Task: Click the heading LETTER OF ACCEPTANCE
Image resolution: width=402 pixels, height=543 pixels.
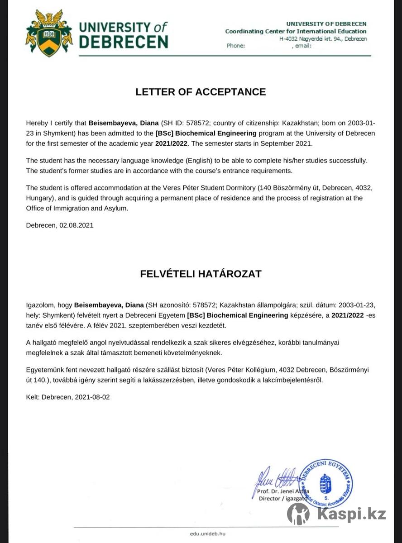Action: point(201,92)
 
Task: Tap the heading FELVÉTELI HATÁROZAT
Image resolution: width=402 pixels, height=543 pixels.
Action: point(201,274)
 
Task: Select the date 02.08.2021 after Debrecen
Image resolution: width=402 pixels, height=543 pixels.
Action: point(76,225)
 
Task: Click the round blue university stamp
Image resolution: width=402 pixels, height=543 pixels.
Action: point(325,483)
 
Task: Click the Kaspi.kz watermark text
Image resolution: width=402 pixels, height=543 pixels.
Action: point(351,514)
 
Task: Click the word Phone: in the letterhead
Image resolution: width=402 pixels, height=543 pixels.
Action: point(236,46)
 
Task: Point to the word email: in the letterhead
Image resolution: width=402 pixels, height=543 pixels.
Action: point(303,46)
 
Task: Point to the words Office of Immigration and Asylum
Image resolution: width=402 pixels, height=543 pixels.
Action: point(77,208)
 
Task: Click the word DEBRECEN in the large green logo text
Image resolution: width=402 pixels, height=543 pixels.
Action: point(124,42)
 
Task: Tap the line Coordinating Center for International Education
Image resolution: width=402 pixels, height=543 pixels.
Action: point(296,31)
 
